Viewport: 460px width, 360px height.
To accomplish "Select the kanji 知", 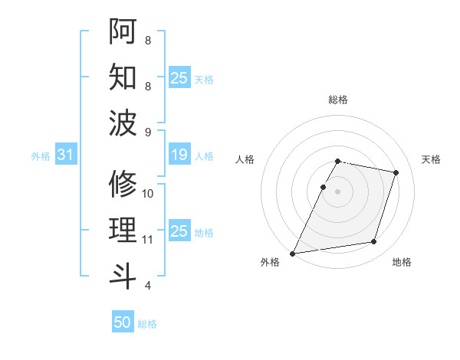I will click(123, 77).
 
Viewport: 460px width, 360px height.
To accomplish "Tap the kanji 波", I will click(123, 123).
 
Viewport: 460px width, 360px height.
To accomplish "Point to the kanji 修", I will click(123, 184).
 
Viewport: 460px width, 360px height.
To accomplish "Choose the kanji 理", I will click(123, 231).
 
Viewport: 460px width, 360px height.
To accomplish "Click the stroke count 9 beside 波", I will click(148, 133).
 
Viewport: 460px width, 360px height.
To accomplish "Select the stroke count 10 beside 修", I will click(148, 193).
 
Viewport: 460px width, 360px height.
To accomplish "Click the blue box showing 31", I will click(65, 155).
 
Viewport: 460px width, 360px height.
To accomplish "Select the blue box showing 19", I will click(179, 155).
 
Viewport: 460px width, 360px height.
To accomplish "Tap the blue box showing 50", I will click(123, 322).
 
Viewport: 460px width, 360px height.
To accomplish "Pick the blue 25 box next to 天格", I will click(179, 78).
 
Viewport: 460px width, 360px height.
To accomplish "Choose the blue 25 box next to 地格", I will click(179, 231).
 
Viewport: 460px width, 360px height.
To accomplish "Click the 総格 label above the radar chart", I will click(337, 100).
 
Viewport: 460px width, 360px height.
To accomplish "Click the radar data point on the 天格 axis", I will click(396, 172).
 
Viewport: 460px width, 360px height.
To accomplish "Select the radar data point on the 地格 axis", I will click(373, 242).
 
